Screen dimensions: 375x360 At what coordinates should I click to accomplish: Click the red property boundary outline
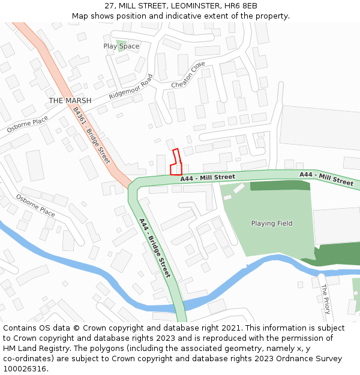175,163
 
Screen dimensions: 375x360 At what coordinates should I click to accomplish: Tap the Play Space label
121,46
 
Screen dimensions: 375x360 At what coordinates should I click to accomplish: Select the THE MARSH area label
70,101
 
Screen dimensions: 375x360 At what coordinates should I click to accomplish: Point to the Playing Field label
272,223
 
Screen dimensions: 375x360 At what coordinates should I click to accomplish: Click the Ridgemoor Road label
131,87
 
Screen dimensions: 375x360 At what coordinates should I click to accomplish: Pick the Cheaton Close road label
188,75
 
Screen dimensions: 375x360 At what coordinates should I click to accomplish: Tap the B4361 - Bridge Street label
91,136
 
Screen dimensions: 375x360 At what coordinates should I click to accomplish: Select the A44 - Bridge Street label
155,248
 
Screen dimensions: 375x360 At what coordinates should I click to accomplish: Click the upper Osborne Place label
28,125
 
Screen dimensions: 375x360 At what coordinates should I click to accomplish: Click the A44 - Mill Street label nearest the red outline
208,178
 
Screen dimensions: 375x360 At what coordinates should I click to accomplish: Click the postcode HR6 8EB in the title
242,6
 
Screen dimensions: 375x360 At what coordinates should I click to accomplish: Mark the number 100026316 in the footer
25,368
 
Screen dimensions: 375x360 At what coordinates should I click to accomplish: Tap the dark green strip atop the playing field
280,185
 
